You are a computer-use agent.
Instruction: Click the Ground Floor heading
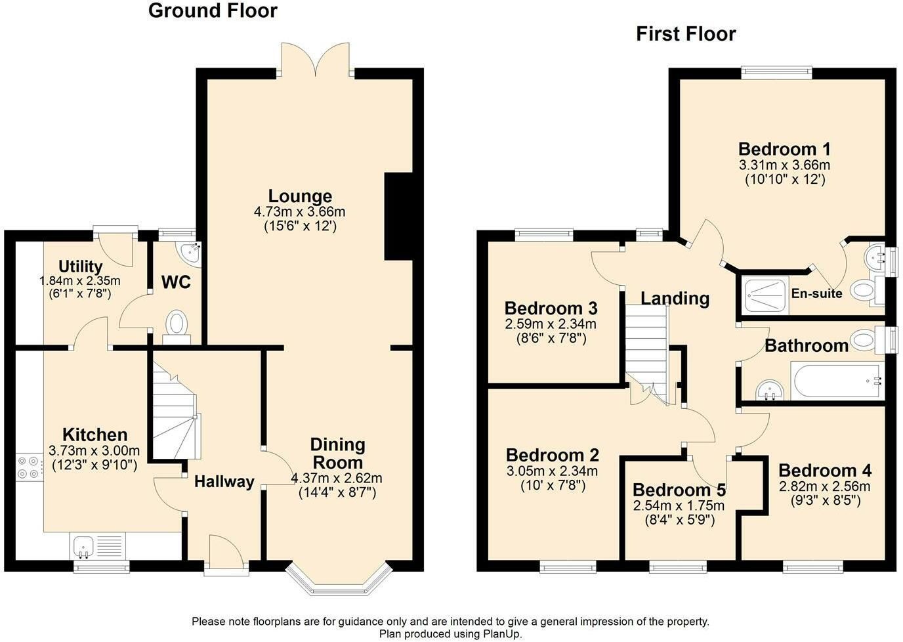[213, 11]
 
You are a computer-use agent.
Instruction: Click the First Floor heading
[686, 34]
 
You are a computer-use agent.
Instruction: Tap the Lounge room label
[301, 196]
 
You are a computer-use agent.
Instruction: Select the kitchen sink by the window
[84, 547]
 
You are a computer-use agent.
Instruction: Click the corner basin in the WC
[191, 253]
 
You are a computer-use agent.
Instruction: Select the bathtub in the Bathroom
[837, 381]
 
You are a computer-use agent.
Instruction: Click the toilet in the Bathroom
[867, 339]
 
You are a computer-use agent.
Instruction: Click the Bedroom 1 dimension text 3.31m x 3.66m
[784, 165]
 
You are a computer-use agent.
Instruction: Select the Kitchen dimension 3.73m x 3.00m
[94, 450]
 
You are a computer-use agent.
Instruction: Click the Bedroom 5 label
[679, 490]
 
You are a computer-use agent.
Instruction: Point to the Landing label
[675, 299]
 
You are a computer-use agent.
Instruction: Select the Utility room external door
[115, 247]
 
